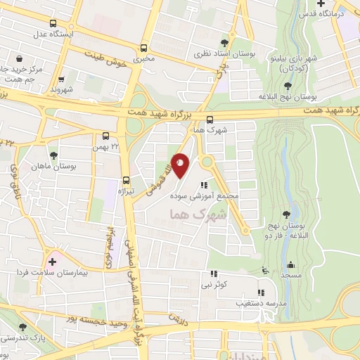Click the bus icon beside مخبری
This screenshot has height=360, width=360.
[x=144, y=49]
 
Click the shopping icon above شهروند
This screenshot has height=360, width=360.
[x=62, y=79]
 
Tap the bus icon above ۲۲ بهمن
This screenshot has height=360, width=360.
[x=105, y=136]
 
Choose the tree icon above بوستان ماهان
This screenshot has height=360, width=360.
[x=53, y=155]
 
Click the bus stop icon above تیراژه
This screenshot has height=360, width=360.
[x=126, y=179]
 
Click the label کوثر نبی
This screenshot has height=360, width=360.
[x=213, y=285]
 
